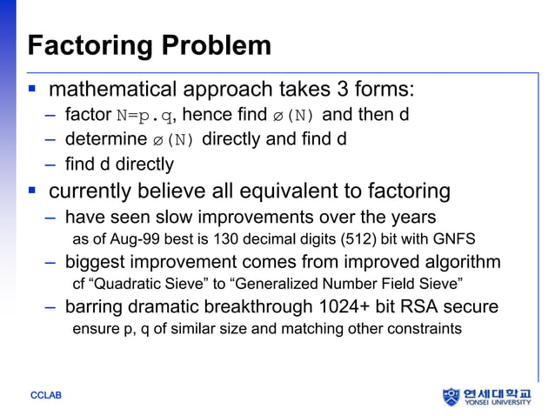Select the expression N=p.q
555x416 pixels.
tap(144, 115)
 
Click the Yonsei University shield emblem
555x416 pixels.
tap(451, 397)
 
